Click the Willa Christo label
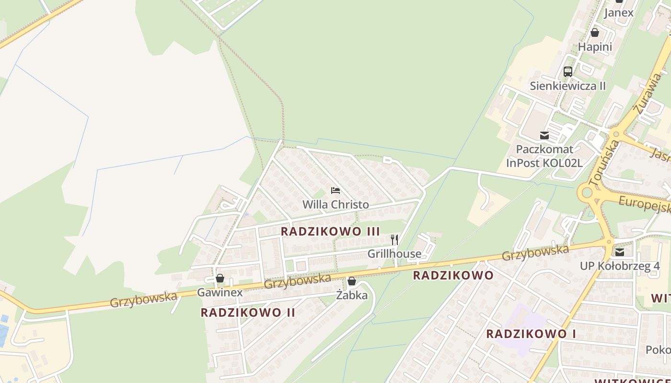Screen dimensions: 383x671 point(335,204)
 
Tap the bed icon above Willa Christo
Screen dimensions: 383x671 point(335,191)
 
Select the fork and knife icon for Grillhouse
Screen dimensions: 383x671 point(394,239)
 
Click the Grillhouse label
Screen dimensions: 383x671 point(394,254)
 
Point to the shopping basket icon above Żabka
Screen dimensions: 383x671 point(352,281)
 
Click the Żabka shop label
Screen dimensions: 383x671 point(352,295)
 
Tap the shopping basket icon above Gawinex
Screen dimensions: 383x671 point(220,278)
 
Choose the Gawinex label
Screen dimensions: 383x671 point(220,292)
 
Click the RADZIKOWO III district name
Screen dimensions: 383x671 point(330,231)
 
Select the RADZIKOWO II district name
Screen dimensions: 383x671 point(248,313)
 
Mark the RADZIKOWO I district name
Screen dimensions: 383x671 point(531,334)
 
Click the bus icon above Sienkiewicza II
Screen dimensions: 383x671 point(568,72)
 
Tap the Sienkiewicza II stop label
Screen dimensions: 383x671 point(568,86)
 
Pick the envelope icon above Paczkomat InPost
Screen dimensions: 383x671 point(544,135)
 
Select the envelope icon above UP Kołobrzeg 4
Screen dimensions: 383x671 point(620,252)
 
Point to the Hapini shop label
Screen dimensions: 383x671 point(595,47)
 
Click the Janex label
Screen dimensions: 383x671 point(619,13)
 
